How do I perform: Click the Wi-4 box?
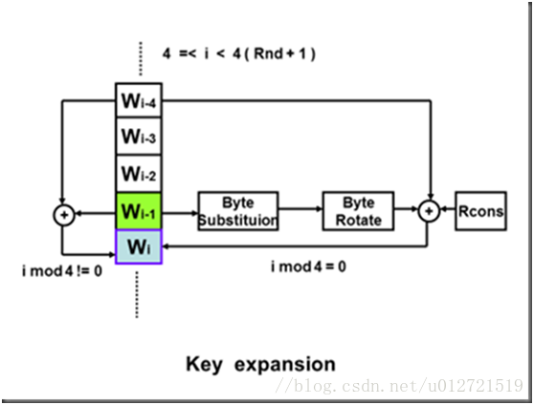point(139,100)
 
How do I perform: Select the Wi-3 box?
point(139,137)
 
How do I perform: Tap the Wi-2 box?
point(139,174)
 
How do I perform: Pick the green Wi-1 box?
point(139,211)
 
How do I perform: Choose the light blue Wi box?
point(139,246)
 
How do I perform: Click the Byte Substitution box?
point(238,211)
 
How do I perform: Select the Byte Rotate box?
point(358,211)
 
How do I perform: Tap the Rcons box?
point(480,211)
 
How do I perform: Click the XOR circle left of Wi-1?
point(64,215)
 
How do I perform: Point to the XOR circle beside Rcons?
point(429,211)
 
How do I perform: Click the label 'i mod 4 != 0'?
point(62,271)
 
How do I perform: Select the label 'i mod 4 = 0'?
point(308,266)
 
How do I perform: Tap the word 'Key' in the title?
point(204,365)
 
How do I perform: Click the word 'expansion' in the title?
point(285,365)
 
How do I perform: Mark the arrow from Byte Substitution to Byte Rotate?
point(300,209)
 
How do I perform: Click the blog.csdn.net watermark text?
point(399,386)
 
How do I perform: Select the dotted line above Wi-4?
point(141,58)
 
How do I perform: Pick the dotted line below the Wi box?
point(137,294)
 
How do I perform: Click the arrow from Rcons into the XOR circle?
point(448,210)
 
